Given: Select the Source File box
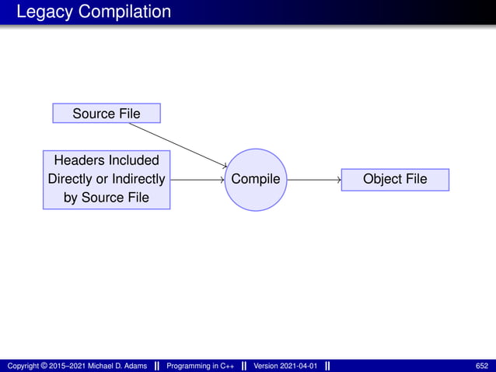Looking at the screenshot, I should (107, 114).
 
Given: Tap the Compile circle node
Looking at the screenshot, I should (256, 180).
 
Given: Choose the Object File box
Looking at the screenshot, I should (394, 180).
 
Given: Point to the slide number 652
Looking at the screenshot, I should (482, 366).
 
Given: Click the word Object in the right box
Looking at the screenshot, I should (381, 180).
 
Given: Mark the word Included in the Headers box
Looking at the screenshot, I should (133, 161).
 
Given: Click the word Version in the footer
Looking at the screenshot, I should (266, 366).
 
